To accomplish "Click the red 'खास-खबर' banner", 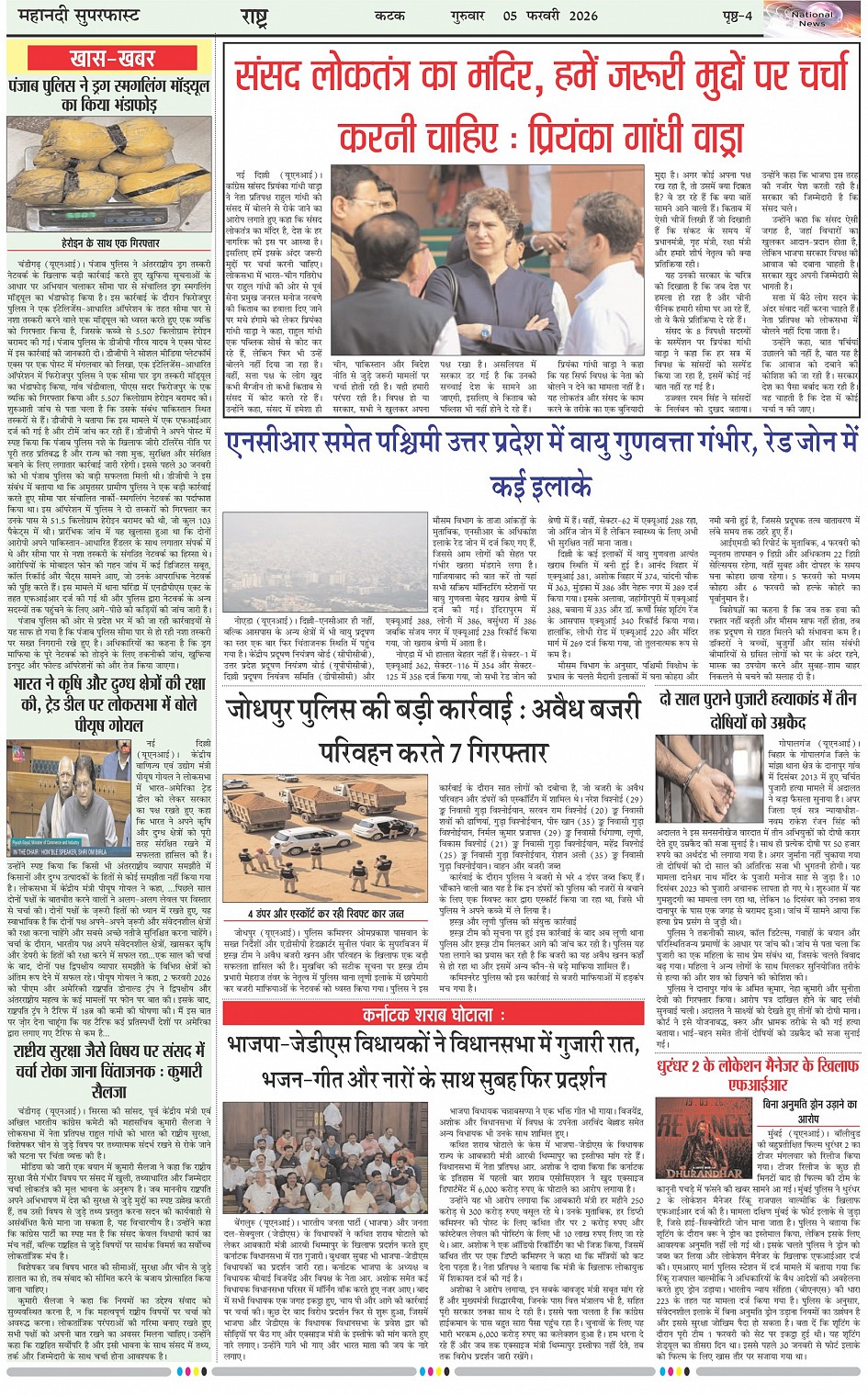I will pos(111,59).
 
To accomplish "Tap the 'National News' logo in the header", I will pos(812,17).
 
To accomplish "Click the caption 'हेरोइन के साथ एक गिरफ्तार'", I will pos(111,242).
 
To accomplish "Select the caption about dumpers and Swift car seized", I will pos(326,913).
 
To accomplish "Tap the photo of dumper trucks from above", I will pos(325,838).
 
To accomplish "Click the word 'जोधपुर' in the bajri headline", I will pos(267,711).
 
